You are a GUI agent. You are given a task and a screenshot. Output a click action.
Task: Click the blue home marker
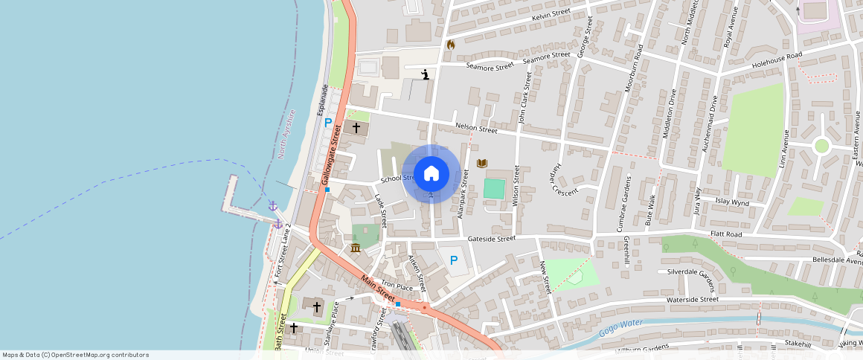[431, 174]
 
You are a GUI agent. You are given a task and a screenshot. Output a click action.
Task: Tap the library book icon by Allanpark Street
[482, 163]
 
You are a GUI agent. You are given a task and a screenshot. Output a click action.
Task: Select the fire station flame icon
[450, 45]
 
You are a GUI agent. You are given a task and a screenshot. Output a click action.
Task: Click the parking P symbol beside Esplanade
[327, 122]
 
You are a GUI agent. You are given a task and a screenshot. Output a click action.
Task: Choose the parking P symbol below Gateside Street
[454, 260]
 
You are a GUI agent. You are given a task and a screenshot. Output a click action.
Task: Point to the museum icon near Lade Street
[356, 247]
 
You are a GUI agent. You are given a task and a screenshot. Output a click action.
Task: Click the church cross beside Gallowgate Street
[356, 128]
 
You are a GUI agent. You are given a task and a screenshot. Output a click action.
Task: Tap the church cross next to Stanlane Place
[317, 306]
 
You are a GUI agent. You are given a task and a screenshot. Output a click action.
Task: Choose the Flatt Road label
[726, 234]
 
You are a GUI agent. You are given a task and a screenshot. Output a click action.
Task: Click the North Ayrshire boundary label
[286, 135]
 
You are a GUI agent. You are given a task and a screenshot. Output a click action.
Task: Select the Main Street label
[378, 288]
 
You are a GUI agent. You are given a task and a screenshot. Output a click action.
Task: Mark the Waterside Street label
[693, 299]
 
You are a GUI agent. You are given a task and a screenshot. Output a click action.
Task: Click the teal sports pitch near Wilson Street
[494, 188]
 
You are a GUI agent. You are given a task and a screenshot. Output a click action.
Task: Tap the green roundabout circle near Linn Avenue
[821, 146]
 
